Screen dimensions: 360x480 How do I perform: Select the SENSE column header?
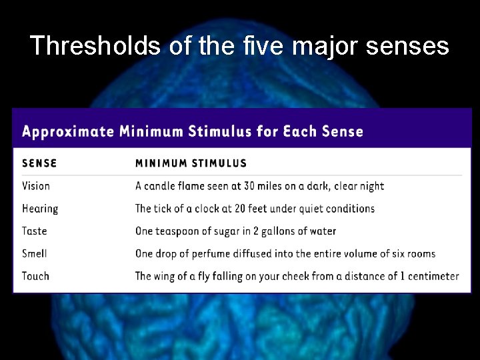[39, 163]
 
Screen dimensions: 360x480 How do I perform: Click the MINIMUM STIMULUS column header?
[191, 163]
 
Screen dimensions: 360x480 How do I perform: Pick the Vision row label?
[36, 186]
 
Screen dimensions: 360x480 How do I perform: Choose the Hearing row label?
[40, 209]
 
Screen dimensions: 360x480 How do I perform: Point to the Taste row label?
[35, 231]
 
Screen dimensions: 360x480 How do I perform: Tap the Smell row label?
[35, 253]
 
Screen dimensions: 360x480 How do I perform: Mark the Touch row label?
[36, 276]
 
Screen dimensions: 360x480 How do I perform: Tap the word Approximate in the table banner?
[67, 131]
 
